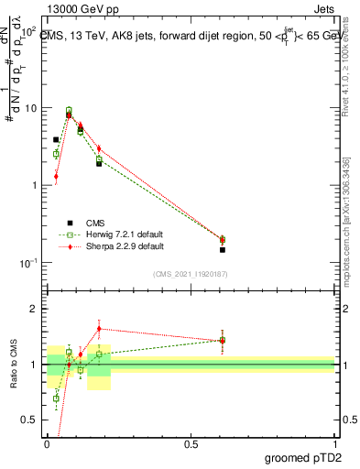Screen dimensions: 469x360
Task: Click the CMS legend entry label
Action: pyautogui.click(x=96, y=222)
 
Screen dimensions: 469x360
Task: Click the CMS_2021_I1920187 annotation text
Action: pyautogui.click(x=190, y=273)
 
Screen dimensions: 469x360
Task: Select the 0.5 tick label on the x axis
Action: pyautogui.click(x=191, y=443)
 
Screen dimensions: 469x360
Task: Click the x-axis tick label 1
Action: pyautogui.click(x=335, y=443)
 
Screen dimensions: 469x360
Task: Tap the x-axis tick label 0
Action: pyautogui.click(x=47, y=443)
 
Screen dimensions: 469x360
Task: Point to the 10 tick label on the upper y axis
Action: pyautogui.click(x=31, y=108)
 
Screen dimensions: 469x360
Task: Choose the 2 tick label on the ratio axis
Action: pyautogui.click(x=35, y=309)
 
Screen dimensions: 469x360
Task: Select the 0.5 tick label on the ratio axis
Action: pyautogui.click(x=30, y=421)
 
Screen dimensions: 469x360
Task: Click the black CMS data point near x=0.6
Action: pyautogui.click(x=223, y=249)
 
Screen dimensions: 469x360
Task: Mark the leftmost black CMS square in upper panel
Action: pyautogui.click(x=56, y=140)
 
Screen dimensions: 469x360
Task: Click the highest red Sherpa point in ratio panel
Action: pyautogui.click(x=99, y=328)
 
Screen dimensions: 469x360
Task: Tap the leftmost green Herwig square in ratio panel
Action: pyautogui.click(x=56, y=398)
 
